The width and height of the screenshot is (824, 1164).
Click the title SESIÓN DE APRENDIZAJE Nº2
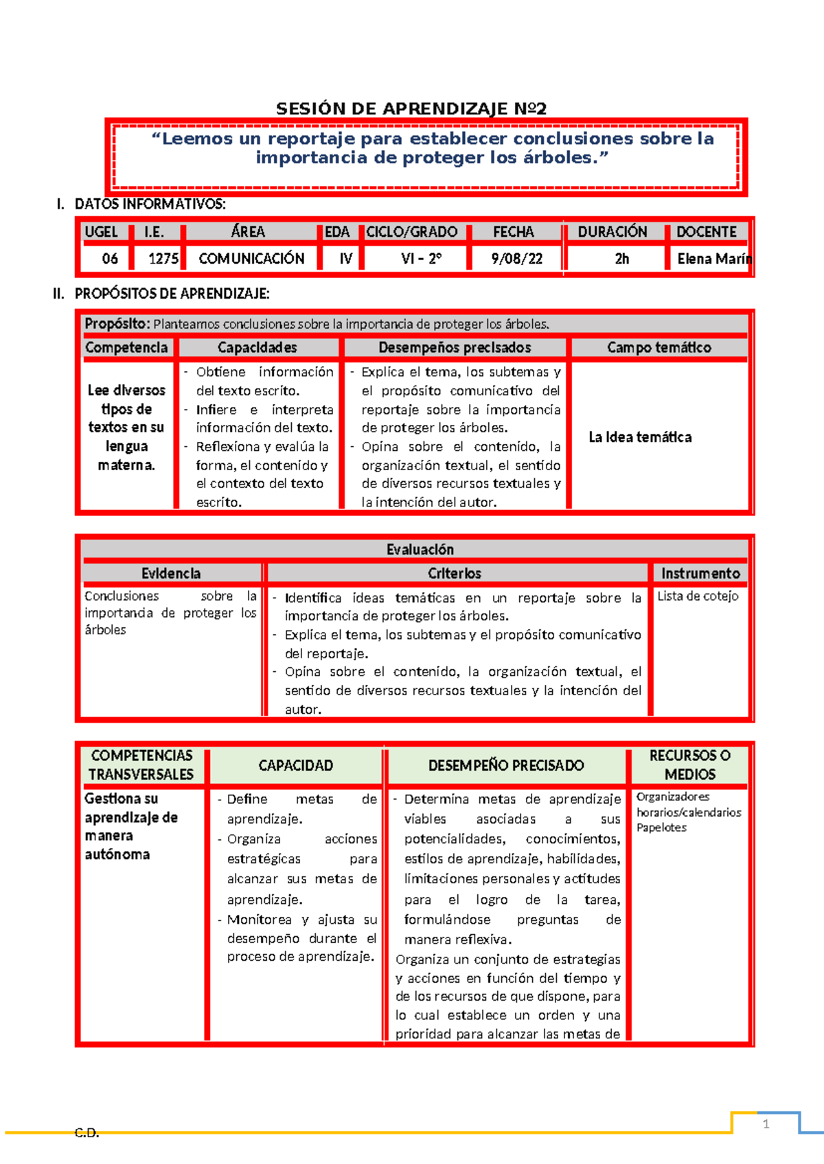pyautogui.click(x=411, y=108)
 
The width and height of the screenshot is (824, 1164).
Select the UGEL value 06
pyautogui.click(x=110, y=259)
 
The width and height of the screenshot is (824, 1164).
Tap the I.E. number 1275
pyautogui.click(x=163, y=259)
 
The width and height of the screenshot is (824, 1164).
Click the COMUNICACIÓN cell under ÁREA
pyautogui.click(x=251, y=259)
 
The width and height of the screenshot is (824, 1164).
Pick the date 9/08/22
pyautogui.click(x=516, y=259)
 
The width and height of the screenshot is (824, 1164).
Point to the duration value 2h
pyautogui.click(x=621, y=259)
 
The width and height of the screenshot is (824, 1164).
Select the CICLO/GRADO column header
pyautogui.click(x=411, y=232)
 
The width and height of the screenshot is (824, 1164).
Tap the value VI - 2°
pyautogui.click(x=421, y=259)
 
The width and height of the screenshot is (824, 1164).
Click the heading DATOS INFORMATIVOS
pyautogui.click(x=150, y=204)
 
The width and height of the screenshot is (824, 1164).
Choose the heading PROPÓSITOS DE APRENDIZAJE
pyautogui.click(x=172, y=294)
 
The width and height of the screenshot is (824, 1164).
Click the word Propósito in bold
pyautogui.click(x=116, y=323)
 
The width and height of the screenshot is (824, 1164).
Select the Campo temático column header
pyautogui.click(x=659, y=347)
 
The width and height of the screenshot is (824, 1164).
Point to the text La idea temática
pyautogui.click(x=640, y=437)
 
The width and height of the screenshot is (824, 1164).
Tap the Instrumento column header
pyautogui.click(x=700, y=573)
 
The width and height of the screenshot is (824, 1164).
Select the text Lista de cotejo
pyautogui.click(x=698, y=596)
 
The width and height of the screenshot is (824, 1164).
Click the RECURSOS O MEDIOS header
pyautogui.click(x=689, y=765)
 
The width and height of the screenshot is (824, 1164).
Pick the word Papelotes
pyautogui.click(x=661, y=828)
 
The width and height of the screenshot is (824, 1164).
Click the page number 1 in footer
pyautogui.click(x=766, y=1124)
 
